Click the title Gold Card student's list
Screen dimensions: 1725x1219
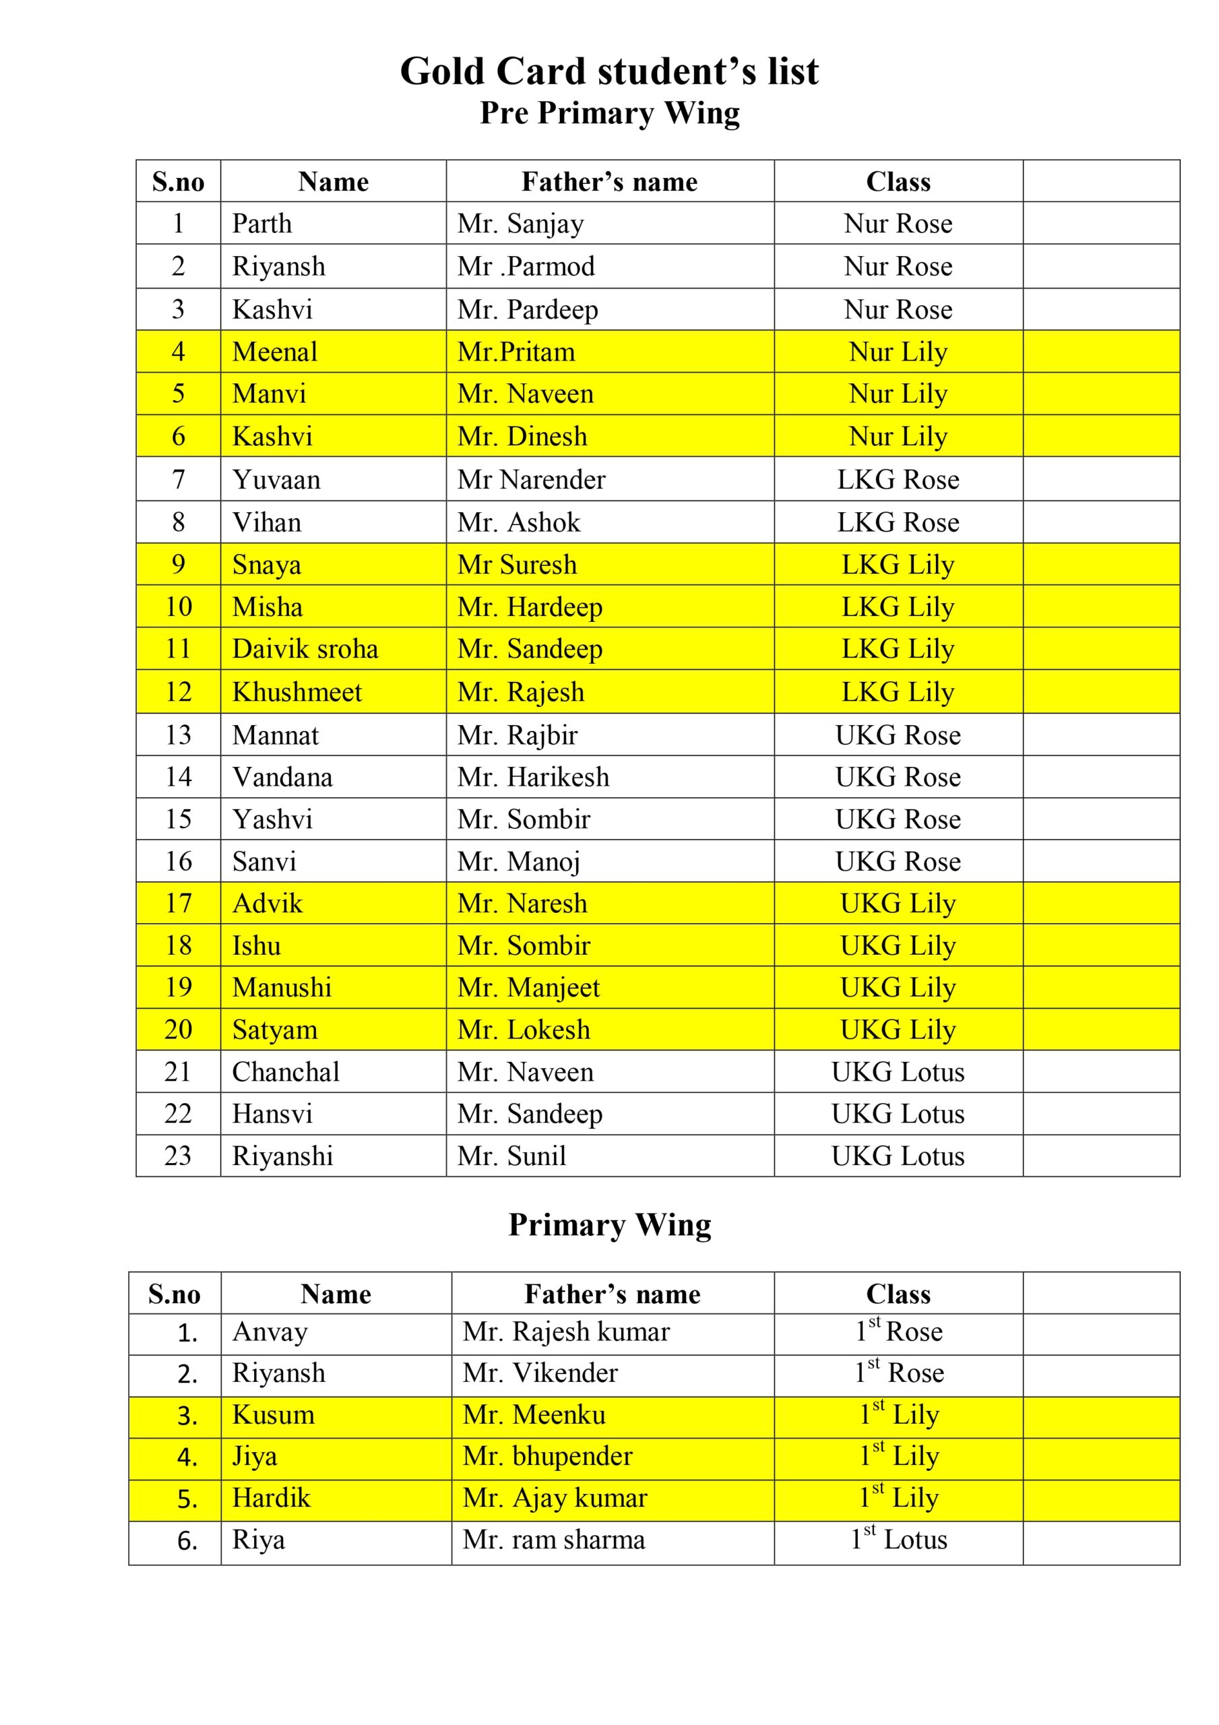coord(608,71)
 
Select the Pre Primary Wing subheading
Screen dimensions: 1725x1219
coord(609,113)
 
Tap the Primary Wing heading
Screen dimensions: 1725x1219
coord(609,1224)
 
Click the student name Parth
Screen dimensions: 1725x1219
coord(261,224)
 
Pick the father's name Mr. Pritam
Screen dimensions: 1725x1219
coord(516,352)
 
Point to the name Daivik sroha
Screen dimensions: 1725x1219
coord(305,649)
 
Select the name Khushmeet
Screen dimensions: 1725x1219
coord(297,692)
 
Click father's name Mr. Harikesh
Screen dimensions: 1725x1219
coord(534,777)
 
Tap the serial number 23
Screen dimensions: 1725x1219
coord(178,1156)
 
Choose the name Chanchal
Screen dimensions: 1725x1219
coord(286,1071)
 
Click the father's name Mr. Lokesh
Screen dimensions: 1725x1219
coord(524,1030)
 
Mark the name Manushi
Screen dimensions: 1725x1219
coord(282,987)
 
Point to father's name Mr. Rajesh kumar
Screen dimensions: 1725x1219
coord(566,1331)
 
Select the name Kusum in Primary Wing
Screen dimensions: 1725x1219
coord(274,1415)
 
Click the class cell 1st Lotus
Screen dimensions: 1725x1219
coord(898,1540)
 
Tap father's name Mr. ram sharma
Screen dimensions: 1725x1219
coord(554,1540)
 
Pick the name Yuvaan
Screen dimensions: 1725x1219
coord(276,479)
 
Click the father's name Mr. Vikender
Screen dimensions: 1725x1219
coord(540,1373)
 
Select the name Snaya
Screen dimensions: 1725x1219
coord(267,565)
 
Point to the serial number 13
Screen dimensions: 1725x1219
coord(178,734)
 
